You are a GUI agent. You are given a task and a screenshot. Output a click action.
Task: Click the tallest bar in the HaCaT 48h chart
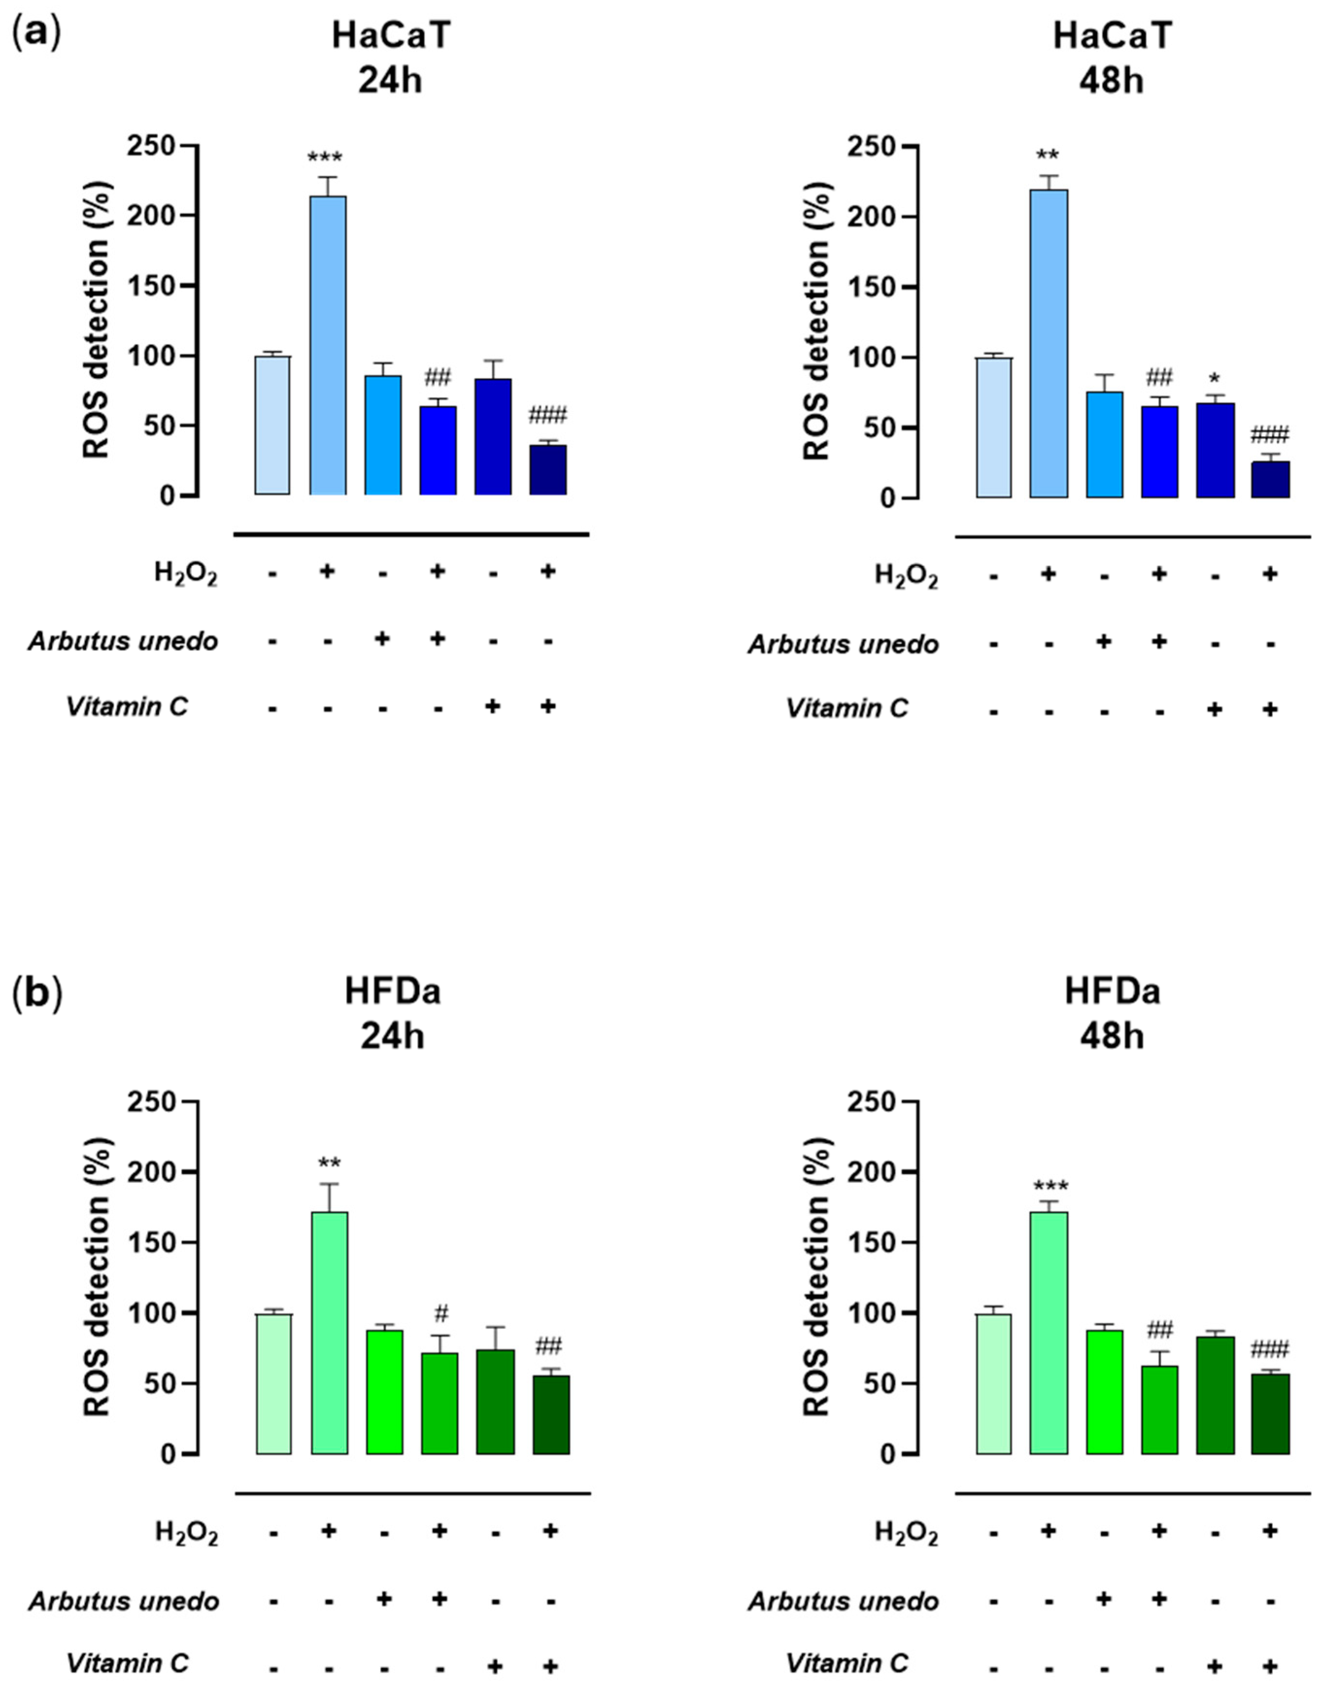pyautogui.click(x=1049, y=343)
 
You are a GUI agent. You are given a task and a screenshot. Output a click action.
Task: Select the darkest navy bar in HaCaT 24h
pyautogui.click(x=548, y=470)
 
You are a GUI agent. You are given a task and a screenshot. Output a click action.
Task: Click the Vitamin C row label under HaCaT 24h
pyautogui.click(x=127, y=706)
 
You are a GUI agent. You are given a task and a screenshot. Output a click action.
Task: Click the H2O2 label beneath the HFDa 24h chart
pyautogui.click(x=186, y=1533)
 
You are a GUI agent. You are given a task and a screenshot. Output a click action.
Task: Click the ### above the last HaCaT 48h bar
pyautogui.click(x=1269, y=434)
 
